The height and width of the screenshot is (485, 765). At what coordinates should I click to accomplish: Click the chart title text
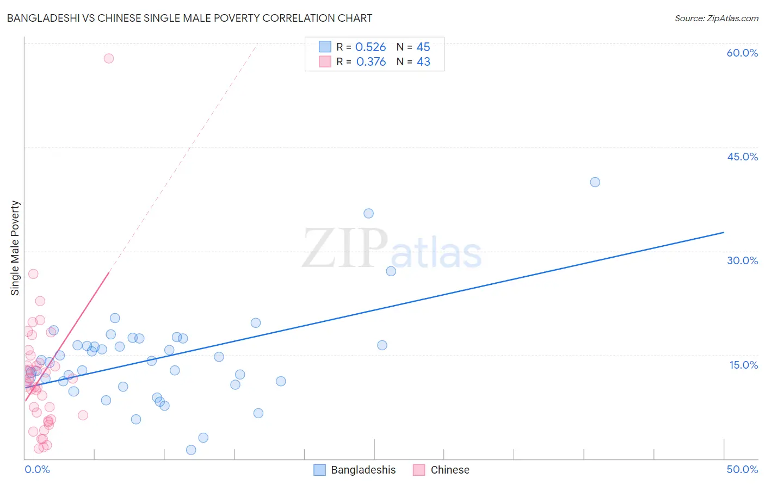pyautogui.click(x=189, y=18)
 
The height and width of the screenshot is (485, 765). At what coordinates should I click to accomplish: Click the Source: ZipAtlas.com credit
pyautogui.click(x=716, y=18)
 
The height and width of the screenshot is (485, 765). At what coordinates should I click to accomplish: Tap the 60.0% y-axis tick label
pyautogui.click(x=742, y=53)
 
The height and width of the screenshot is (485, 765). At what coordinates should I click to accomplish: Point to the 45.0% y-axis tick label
pyautogui.click(x=742, y=157)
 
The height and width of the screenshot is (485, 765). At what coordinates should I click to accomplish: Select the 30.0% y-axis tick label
pyautogui.click(x=742, y=260)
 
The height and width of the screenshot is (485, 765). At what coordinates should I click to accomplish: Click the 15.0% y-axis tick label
pyautogui.click(x=743, y=365)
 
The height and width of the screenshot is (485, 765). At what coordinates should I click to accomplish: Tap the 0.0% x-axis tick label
pyautogui.click(x=37, y=469)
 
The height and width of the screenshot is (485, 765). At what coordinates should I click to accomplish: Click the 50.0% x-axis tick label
pyautogui.click(x=742, y=469)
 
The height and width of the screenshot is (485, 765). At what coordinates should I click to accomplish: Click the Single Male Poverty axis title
pyautogui.click(x=15, y=248)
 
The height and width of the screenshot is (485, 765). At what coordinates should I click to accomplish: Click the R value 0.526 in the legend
pyautogui.click(x=371, y=47)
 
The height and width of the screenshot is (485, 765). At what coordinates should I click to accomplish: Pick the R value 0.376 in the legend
pyautogui.click(x=371, y=62)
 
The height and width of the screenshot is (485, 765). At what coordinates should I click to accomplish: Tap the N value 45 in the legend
pyautogui.click(x=423, y=47)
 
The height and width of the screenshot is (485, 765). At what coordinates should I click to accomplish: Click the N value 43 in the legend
pyautogui.click(x=423, y=62)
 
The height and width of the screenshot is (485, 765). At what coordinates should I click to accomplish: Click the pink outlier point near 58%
pyautogui.click(x=109, y=58)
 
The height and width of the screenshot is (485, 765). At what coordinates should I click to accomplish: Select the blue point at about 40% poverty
pyautogui.click(x=595, y=182)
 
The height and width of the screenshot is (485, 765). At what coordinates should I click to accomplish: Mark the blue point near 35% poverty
pyautogui.click(x=368, y=214)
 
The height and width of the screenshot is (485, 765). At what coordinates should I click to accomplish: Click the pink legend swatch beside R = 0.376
pyautogui.click(x=325, y=61)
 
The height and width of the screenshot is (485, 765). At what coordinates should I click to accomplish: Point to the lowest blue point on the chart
pyautogui.click(x=191, y=450)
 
